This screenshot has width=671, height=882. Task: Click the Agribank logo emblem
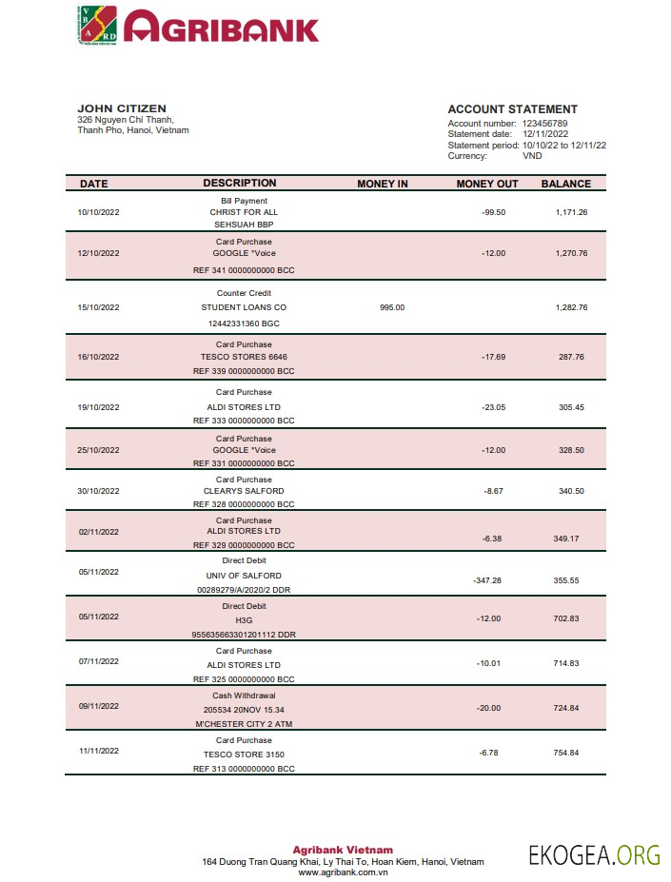click(x=96, y=25)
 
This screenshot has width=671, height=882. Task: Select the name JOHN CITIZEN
click(x=121, y=108)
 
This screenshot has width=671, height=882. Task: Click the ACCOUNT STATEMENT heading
click(x=512, y=109)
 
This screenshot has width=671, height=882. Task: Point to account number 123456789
click(x=544, y=124)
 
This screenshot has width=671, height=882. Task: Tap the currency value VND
click(x=533, y=156)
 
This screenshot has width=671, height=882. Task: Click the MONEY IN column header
click(x=382, y=184)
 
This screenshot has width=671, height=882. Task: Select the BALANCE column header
click(x=566, y=184)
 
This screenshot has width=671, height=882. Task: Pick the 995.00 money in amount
click(x=392, y=307)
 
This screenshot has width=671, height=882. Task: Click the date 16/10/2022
click(x=99, y=358)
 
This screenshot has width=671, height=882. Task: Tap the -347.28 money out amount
click(x=486, y=579)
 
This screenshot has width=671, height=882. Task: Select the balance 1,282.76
click(x=571, y=307)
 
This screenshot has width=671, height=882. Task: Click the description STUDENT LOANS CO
click(x=244, y=307)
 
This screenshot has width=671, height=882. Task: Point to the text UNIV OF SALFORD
click(x=244, y=576)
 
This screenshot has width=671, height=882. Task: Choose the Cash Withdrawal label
click(x=244, y=696)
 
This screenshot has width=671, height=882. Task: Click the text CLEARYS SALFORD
click(x=244, y=491)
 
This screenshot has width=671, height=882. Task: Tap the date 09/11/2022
click(x=99, y=706)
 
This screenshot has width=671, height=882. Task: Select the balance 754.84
click(x=566, y=753)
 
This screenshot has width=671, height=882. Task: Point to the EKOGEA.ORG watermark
click(x=594, y=854)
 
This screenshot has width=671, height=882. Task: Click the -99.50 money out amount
click(x=493, y=211)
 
